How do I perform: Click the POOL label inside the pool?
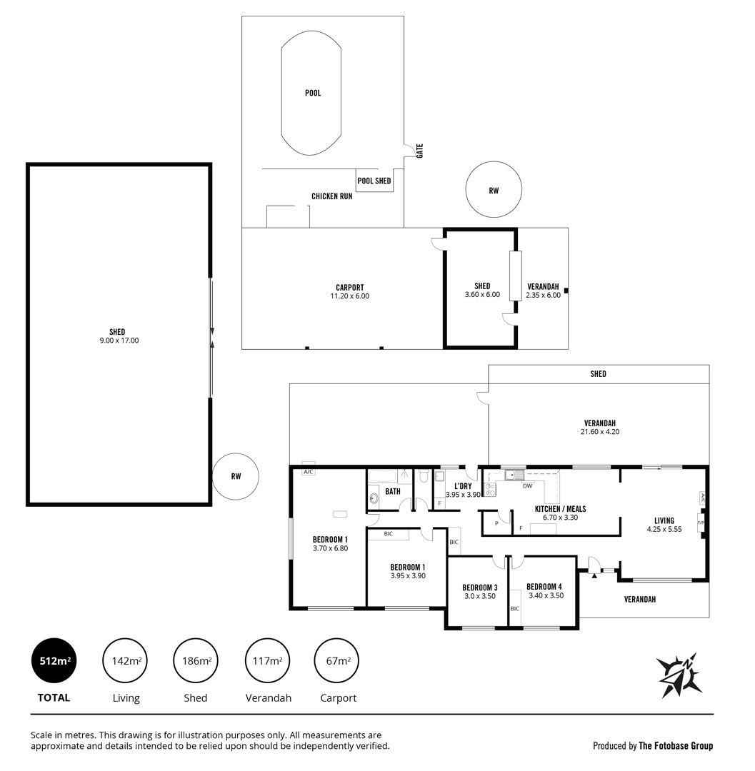[313, 93]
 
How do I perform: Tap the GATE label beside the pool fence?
[419, 151]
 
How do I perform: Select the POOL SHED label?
[374, 181]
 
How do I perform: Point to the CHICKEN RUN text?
[332, 196]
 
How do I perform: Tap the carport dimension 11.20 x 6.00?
[350, 296]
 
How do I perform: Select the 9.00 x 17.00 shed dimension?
[119, 341]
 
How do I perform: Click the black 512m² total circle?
[54, 661]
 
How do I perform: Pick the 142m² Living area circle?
[126, 661]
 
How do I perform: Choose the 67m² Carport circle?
[337, 661]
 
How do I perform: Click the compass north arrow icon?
[679, 675]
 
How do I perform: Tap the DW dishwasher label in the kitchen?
[527, 486]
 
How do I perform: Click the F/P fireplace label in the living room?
[701, 523]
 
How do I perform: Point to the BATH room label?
[393, 491]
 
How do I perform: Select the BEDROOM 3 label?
[479, 588]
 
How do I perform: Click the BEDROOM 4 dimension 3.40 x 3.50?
[546, 595]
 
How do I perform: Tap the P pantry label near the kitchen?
[496, 524]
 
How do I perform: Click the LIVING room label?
[664, 520]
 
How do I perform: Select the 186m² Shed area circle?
[196, 661]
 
